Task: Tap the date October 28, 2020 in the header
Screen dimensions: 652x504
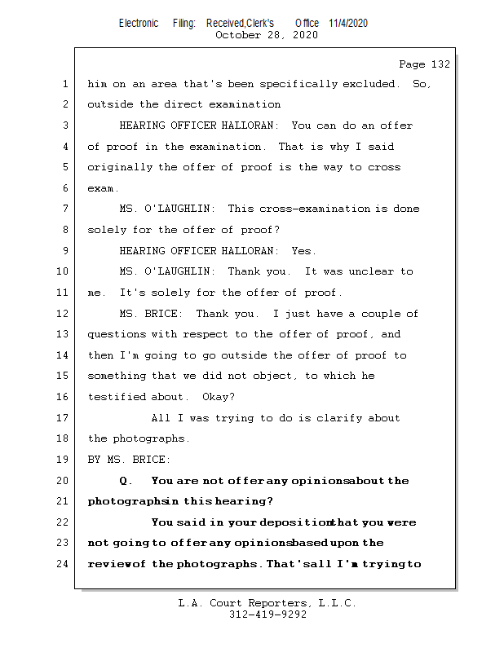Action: pos(267,35)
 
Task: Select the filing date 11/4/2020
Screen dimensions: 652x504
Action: pos(348,24)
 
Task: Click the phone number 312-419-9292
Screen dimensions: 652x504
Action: pos(268,615)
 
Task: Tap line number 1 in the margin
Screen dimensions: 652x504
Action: pos(65,84)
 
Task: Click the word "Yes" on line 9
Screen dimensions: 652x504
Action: pos(302,251)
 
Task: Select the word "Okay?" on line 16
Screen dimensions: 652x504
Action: pos(219,398)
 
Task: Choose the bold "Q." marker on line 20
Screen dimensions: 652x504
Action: pos(126,481)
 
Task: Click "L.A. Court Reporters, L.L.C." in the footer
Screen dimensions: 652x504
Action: pos(267,603)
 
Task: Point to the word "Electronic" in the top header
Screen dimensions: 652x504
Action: pos(139,24)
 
